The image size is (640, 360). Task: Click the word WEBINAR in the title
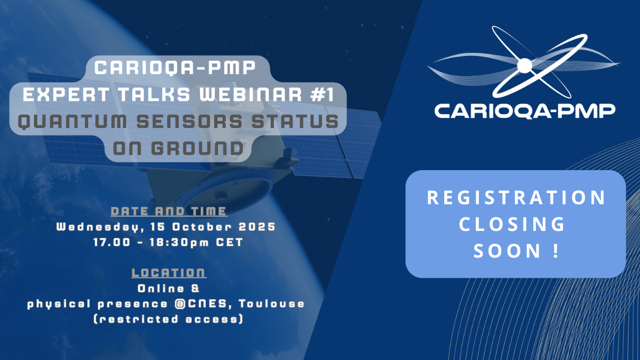pyautogui.click(x=250, y=94)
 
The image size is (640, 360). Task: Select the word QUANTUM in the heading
pyautogui.click(x=73, y=121)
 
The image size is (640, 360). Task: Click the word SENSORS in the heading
pyautogui.click(x=189, y=121)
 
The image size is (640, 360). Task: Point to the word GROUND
pyautogui.click(x=197, y=148)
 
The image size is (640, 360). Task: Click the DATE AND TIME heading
pyautogui.click(x=169, y=211)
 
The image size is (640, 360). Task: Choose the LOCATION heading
pyautogui.click(x=169, y=273)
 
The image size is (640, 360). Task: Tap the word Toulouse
pyautogui.click(x=271, y=303)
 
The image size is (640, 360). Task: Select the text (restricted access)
pyautogui.click(x=169, y=319)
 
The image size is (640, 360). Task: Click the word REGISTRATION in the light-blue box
pyautogui.click(x=516, y=197)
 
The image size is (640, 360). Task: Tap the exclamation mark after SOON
pyautogui.click(x=556, y=251)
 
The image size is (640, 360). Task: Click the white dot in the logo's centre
pyautogui.click(x=525, y=66)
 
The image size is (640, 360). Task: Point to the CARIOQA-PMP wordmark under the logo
pyautogui.click(x=525, y=111)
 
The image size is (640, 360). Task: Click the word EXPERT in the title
pyautogui.click(x=66, y=94)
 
